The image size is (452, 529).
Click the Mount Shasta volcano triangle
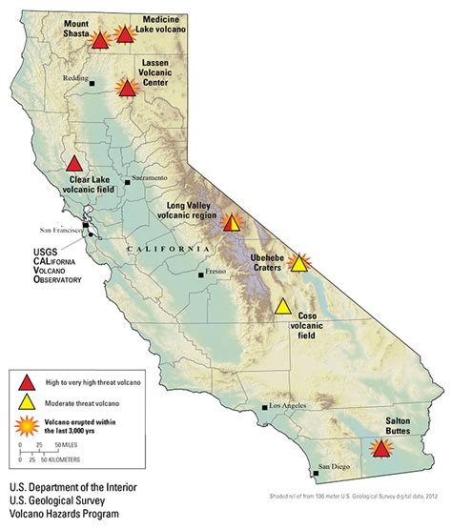click(99, 41)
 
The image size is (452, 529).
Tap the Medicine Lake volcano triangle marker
click(125, 35)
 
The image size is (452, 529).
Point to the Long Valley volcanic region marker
click(231, 223)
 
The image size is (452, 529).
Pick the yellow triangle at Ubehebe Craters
click(299, 263)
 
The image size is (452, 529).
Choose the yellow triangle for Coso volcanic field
click(283, 307)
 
